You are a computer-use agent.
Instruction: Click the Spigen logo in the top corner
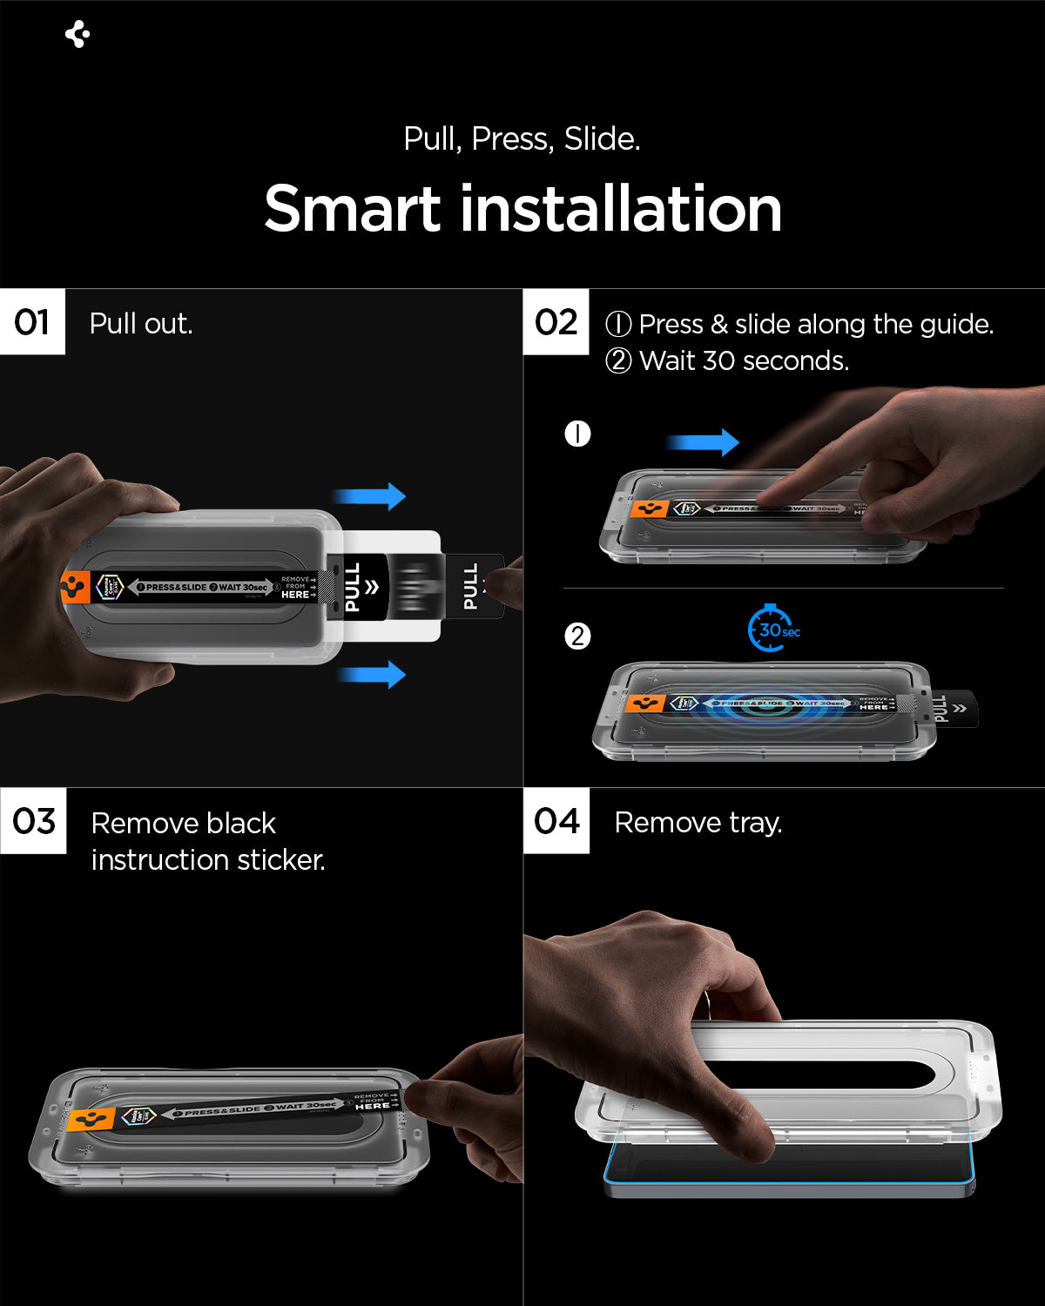pyautogui.click(x=78, y=34)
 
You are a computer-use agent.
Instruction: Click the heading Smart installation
pyautogui.click(x=522, y=209)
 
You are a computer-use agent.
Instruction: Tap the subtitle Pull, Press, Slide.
pyautogui.click(x=522, y=138)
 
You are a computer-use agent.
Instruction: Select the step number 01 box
pyautogui.click(x=32, y=322)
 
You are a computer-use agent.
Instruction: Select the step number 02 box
pyautogui.click(x=556, y=322)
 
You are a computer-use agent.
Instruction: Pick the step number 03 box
pyautogui.click(x=33, y=821)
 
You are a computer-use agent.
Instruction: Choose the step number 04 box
pyautogui.click(x=556, y=821)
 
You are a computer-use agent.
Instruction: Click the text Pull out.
pyautogui.click(x=141, y=324)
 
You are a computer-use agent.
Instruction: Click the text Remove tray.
pyautogui.click(x=698, y=823)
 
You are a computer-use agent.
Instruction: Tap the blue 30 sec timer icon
pyautogui.click(x=772, y=629)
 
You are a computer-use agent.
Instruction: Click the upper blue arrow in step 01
pyautogui.click(x=369, y=496)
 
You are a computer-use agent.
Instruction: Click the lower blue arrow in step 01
pyautogui.click(x=371, y=674)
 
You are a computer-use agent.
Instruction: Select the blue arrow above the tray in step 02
pyautogui.click(x=703, y=442)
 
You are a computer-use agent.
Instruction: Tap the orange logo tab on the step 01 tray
pyautogui.click(x=75, y=588)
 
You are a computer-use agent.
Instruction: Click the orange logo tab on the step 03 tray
pyautogui.click(x=91, y=1120)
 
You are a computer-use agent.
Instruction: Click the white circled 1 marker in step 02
pyautogui.click(x=577, y=434)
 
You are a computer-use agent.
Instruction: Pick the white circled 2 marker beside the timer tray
pyautogui.click(x=577, y=636)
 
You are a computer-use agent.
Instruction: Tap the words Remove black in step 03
pyautogui.click(x=183, y=824)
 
